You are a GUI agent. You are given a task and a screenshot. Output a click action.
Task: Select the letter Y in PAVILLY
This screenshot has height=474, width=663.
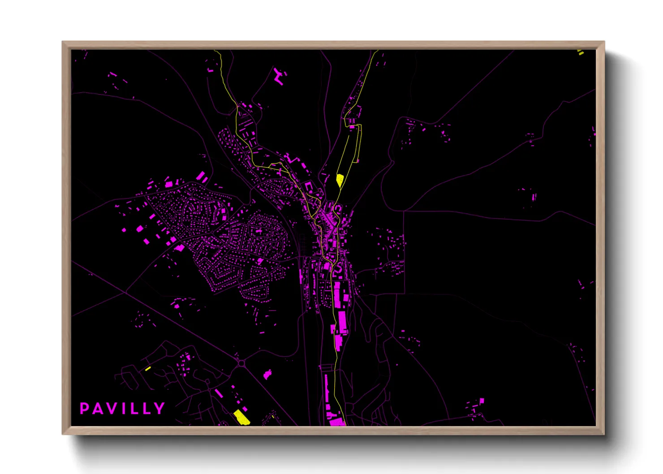pos(159,409)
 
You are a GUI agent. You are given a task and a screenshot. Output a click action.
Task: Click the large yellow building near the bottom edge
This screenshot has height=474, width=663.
pos(241,417)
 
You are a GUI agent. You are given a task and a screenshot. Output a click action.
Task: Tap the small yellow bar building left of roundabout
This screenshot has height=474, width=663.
pos(148,369)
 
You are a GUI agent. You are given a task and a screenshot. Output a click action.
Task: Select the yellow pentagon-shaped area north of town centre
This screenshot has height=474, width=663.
pos(340,180)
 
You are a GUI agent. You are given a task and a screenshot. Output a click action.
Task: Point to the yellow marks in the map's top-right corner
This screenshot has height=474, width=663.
pos(581,52)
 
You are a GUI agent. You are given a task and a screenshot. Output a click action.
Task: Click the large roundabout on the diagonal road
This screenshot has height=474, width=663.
pos(241,363)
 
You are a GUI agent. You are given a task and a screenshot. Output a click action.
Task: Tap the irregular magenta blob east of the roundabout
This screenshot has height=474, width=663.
pos(267,374)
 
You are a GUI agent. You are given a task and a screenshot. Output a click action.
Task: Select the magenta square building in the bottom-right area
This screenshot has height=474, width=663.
pos(482,401)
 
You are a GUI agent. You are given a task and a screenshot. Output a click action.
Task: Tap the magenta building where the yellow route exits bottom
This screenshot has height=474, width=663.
pos(337,422)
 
